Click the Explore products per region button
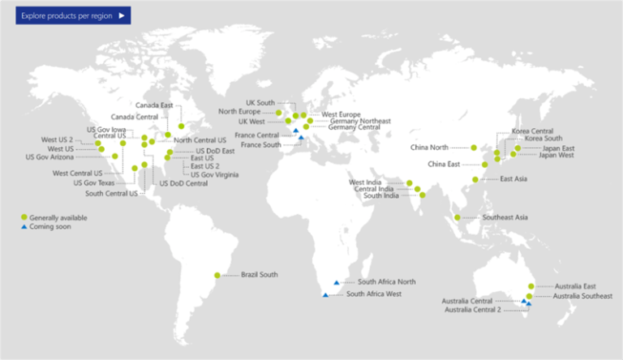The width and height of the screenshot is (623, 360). click(72, 15)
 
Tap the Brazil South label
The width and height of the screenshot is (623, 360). click(259, 275)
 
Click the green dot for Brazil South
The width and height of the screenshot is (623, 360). click(217, 275)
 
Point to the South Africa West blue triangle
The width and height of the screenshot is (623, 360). click(325, 294)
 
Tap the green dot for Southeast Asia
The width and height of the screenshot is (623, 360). click(458, 218)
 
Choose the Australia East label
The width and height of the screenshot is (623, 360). click(576, 286)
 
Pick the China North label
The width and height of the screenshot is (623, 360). click(429, 148)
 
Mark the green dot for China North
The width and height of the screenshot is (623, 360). click(473, 148)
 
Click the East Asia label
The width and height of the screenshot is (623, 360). click(515, 179)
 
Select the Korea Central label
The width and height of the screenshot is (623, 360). click(532, 131)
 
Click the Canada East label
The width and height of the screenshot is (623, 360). click(153, 105)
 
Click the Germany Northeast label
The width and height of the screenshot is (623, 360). click(360, 121)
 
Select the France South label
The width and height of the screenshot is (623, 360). click(260, 144)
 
